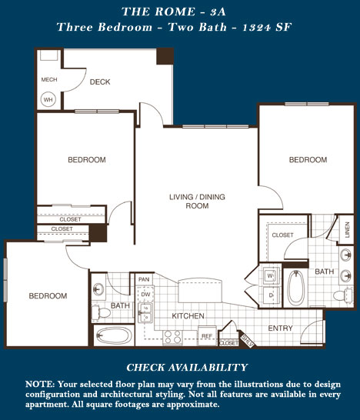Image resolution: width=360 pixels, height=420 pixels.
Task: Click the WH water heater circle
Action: (x=48, y=100)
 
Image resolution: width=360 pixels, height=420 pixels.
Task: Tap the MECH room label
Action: (x=49, y=79)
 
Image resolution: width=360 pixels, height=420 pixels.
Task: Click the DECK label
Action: (x=100, y=82)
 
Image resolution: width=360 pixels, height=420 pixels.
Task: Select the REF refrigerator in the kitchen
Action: (x=207, y=335)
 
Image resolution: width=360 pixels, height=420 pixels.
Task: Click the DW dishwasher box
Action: (x=145, y=295)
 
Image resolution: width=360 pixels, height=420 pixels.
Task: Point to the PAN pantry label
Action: (x=144, y=279)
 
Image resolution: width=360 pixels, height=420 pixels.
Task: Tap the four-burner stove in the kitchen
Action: (x=173, y=337)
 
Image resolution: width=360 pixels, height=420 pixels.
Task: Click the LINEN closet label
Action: (x=348, y=229)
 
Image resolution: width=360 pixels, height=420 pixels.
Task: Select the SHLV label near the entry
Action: (x=248, y=341)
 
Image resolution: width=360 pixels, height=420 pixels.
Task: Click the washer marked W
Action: (x=271, y=275)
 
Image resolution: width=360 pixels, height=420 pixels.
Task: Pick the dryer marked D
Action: (x=271, y=295)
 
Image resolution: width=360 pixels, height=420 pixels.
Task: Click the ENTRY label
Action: (x=280, y=328)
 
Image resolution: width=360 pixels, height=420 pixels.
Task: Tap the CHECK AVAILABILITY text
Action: (x=187, y=367)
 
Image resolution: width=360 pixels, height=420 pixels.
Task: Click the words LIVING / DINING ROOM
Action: (x=197, y=202)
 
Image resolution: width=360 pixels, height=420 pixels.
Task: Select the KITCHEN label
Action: (x=188, y=316)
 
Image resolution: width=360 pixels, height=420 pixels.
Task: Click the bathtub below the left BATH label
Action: (x=114, y=335)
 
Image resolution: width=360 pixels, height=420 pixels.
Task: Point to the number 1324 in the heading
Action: (x=257, y=27)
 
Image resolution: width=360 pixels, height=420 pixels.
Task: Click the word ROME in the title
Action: (x=175, y=12)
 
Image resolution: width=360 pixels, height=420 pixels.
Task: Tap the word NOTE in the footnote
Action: (x=40, y=385)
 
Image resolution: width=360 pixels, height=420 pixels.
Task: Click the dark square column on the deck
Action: (x=165, y=56)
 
